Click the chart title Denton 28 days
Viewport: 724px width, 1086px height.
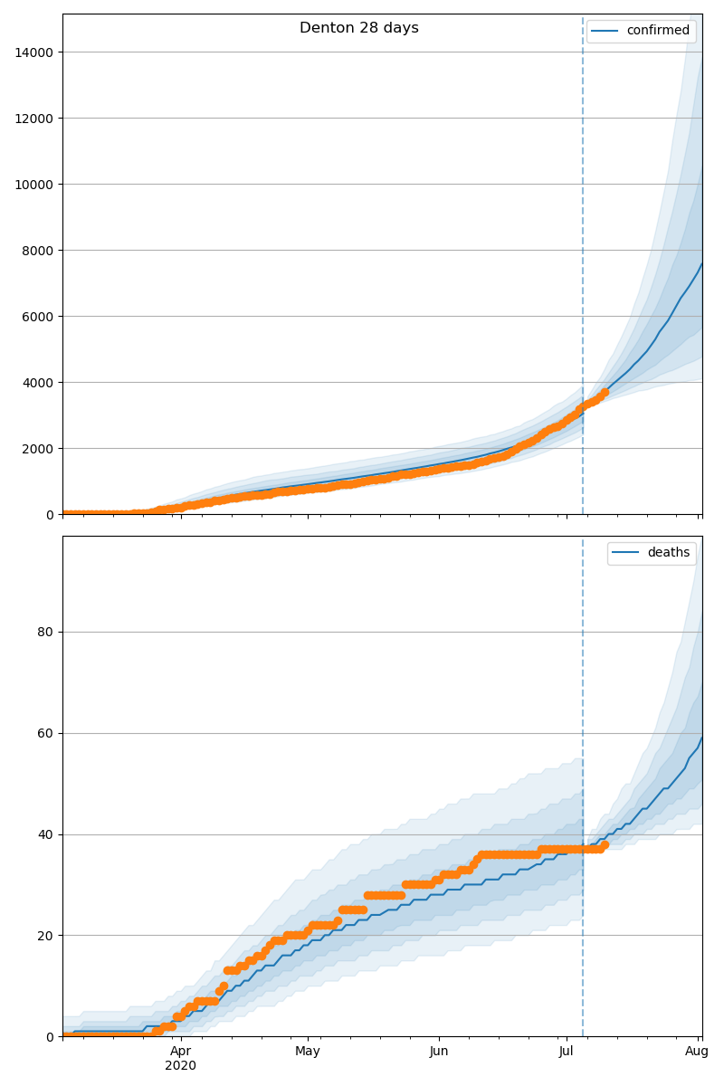tap(359, 28)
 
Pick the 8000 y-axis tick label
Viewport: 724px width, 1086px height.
tap(37, 251)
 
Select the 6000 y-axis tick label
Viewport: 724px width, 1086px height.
tap(37, 317)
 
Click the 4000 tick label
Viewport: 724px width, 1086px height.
tap(37, 383)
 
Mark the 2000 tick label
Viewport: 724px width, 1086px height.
tap(37, 449)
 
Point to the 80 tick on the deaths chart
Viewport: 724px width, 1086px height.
tap(44, 633)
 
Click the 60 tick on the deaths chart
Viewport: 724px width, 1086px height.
tap(44, 734)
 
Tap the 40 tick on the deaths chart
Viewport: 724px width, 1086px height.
tap(44, 834)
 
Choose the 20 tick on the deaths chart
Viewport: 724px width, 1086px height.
tap(44, 936)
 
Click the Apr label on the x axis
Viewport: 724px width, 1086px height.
tap(181, 1051)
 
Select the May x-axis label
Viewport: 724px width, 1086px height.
tap(308, 1051)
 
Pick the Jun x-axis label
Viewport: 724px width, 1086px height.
tap(439, 1051)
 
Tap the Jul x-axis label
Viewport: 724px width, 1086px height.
tap(567, 1051)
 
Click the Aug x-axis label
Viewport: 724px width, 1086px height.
tap(696, 1051)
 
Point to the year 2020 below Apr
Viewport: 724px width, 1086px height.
tap(181, 1065)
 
